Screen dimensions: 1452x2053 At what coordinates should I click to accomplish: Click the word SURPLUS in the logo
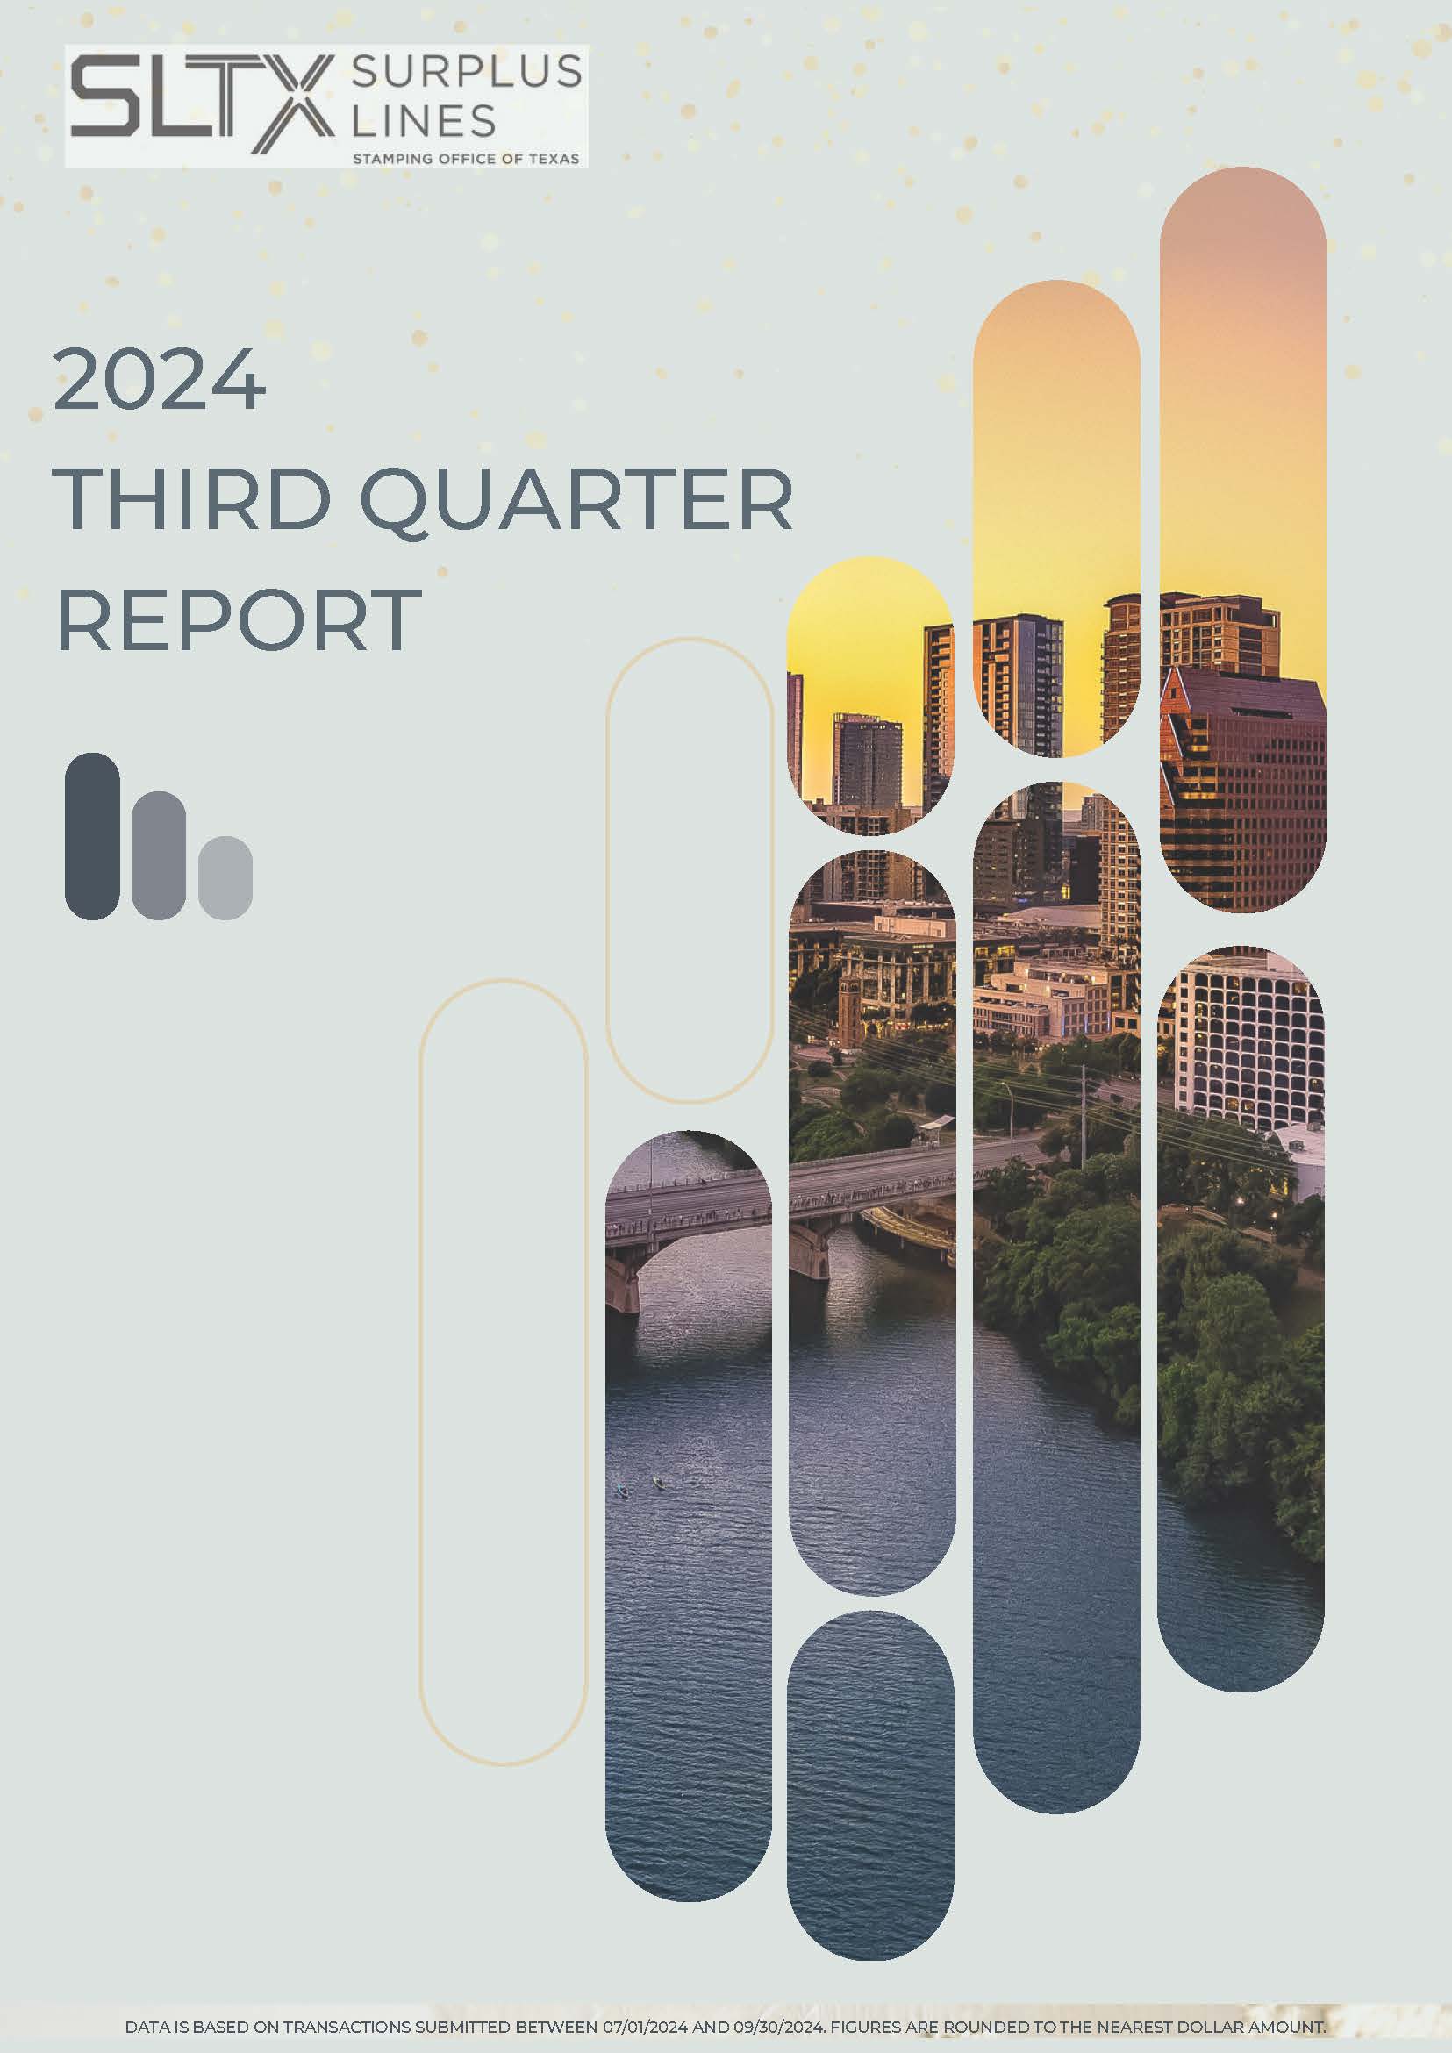click(x=466, y=72)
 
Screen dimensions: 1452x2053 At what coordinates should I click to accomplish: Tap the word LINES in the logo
click(x=424, y=120)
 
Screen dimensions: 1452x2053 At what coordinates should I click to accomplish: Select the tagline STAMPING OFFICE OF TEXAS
click(x=466, y=158)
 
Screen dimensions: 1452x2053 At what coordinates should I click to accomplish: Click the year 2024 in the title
click(x=159, y=379)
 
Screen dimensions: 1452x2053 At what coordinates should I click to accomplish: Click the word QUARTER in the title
click(x=576, y=501)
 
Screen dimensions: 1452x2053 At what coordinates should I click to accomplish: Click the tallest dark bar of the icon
click(x=92, y=836)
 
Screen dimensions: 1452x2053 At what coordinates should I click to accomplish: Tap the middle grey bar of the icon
click(x=158, y=855)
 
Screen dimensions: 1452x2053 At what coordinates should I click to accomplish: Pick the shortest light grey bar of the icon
click(x=225, y=877)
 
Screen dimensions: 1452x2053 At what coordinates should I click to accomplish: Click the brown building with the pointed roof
click(x=1243, y=787)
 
